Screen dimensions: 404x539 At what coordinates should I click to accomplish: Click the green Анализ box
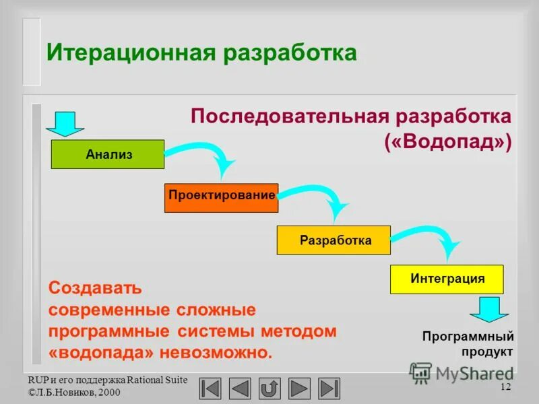point(108,154)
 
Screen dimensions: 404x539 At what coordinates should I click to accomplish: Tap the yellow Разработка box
point(334,240)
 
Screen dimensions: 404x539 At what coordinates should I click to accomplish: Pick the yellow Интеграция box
point(447,279)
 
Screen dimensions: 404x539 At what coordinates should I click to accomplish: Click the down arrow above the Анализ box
point(65,123)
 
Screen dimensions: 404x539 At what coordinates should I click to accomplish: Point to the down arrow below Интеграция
point(488,309)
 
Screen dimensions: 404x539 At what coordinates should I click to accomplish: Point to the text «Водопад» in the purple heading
point(447,142)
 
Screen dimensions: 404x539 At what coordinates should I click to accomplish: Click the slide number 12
point(505,386)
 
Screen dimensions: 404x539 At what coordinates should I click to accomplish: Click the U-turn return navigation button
point(269,389)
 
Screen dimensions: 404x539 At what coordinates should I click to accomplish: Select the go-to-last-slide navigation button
point(329,389)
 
